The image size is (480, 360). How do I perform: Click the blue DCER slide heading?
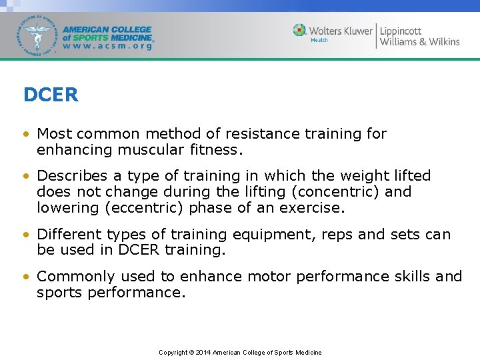[x=51, y=95]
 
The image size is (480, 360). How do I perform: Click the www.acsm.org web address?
[x=107, y=47]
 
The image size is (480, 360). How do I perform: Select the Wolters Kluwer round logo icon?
[x=300, y=31]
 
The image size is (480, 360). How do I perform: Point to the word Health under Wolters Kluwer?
[x=319, y=40]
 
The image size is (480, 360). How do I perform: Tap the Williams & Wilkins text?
[x=419, y=42]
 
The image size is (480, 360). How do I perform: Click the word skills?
[x=408, y=277]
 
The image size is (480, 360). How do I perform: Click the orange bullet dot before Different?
[x=26, y=235]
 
